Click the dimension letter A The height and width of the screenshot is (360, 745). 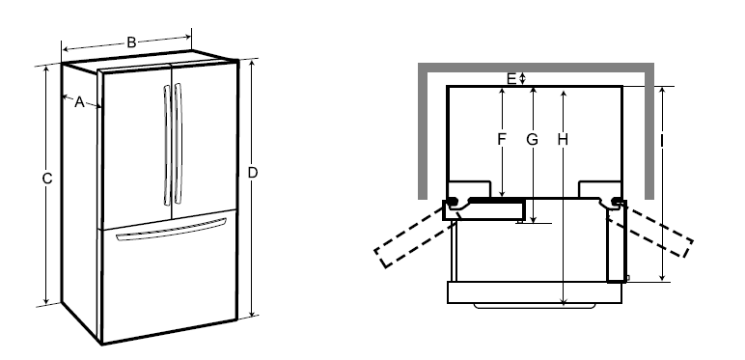coord(79,103)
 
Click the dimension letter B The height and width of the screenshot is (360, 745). coord(130,42)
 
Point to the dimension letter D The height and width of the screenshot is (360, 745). coord(253,173)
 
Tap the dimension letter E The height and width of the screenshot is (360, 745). coord(511,76)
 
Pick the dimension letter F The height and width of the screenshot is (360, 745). coord(502,139)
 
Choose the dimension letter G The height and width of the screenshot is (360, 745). coord(532,139)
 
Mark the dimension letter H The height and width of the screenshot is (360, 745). coord(563,139)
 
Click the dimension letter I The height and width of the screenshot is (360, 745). coord(662,139)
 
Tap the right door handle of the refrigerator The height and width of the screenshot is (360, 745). coord(177,144)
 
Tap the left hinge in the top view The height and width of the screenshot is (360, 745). coord(450,203)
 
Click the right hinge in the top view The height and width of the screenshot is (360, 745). coord(616,202)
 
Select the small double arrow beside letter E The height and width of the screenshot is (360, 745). coord(522,77)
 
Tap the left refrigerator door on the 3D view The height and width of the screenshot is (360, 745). coord(134,145)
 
